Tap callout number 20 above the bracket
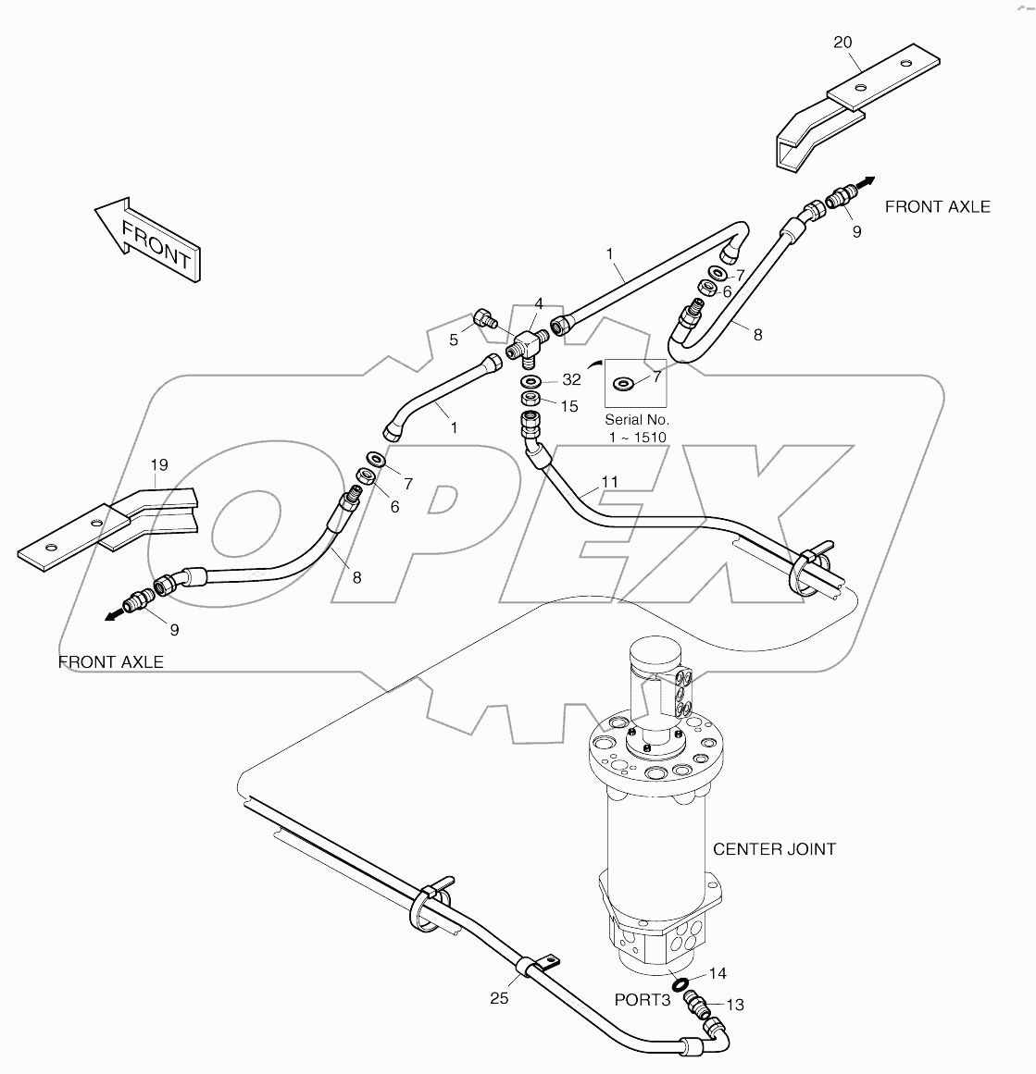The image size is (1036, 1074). (843, 42)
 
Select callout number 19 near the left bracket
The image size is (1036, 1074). (159, 464)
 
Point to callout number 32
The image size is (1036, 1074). (570, 379)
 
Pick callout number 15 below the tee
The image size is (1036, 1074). (568, 406)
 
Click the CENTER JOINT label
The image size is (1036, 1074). (774, 848)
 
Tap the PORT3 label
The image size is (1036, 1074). (642, 1000)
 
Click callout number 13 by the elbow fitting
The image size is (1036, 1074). (734, 1005)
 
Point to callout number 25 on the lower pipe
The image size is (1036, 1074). (500, 998)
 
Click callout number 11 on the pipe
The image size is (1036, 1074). (608, 482)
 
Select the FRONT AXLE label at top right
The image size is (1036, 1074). (937, 206)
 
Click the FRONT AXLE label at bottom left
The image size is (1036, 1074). (111, 661)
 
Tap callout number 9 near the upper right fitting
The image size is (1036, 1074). (856, 231)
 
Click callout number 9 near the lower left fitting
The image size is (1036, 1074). (174, 630)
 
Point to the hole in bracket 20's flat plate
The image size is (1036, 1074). (861, 88)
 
